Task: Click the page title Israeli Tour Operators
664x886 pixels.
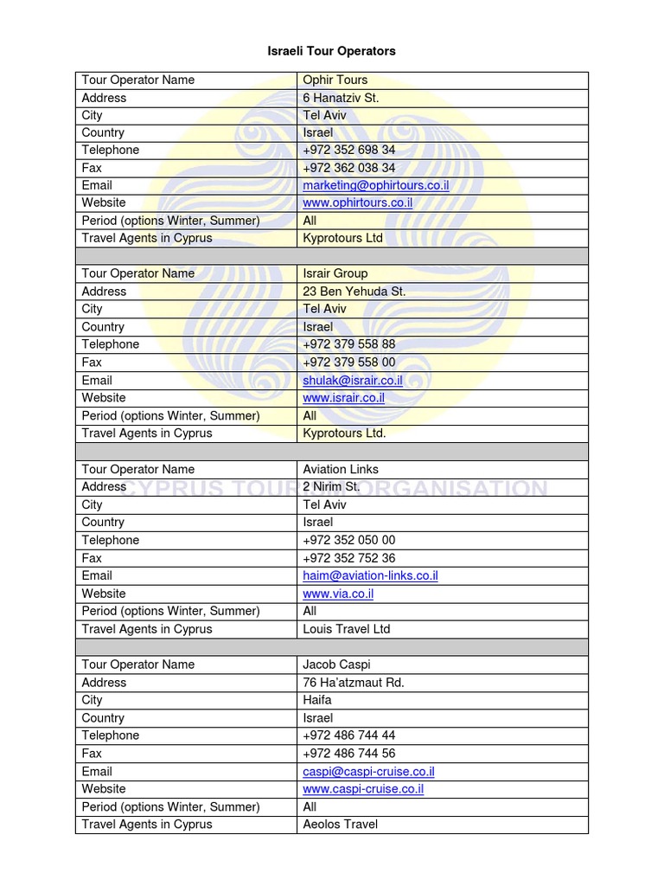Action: coord(331,51)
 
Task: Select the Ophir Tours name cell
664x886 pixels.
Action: coord(335,80)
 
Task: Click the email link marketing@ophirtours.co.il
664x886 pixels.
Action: coord(375,185)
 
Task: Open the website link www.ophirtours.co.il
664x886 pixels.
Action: coord(357,202)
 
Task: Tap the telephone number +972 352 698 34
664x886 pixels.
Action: coord(349,150)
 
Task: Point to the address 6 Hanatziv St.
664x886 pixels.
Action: coord(341,98)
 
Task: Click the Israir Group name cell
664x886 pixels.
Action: coord(335,273)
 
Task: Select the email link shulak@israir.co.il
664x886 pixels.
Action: coord(353,380)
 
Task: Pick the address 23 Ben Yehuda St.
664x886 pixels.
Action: coord(354,292)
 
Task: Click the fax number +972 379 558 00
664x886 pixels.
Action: coord(349,363)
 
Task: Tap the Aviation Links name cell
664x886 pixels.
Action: coord(341,469)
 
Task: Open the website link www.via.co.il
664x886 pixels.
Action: coord(338,594)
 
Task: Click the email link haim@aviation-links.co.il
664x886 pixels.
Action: coord(370,575)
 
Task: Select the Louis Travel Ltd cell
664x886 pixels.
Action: coord(347,629)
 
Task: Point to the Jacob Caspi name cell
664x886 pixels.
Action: coord(336,664)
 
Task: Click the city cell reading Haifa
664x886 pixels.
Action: coord(317,700)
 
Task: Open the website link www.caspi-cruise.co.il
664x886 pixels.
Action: coord(363,789)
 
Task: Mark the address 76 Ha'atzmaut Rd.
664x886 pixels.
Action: coord(354,683)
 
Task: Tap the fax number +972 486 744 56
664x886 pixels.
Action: coord(349,754)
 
